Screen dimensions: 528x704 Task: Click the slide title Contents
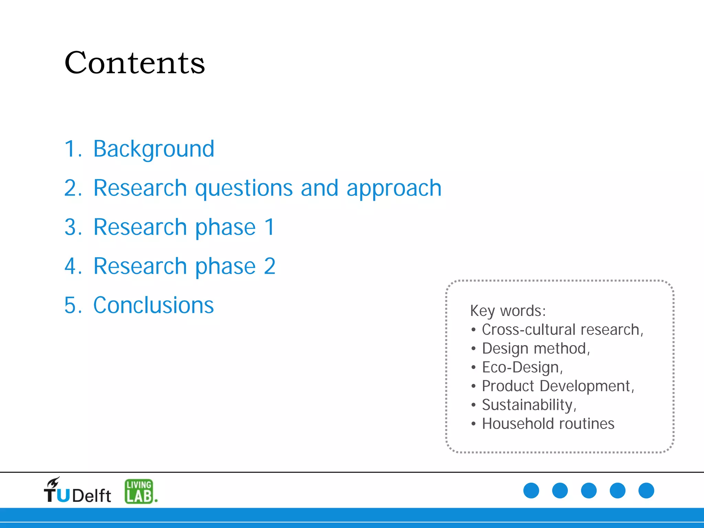(x=135, y=63)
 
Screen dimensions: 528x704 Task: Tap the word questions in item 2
(x=244, y=189)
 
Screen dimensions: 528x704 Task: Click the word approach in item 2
(x=394, y=189)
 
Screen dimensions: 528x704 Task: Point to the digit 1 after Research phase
(x=269, y=227)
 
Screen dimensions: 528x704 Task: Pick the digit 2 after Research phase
(x=270, y=266)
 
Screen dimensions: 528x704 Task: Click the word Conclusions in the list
(x=154, y=305)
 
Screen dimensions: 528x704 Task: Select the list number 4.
(x=71, y=266)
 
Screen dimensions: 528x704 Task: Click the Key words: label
(x=508, y=311)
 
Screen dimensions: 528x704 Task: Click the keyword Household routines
(x=548, y=424)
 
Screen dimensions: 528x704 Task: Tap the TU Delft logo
(x=77, y=491)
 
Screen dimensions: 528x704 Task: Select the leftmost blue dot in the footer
(x=531, y=491)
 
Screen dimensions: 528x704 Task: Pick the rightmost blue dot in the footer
(x=646, y=491)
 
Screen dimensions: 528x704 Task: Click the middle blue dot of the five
(x=589, y=491)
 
